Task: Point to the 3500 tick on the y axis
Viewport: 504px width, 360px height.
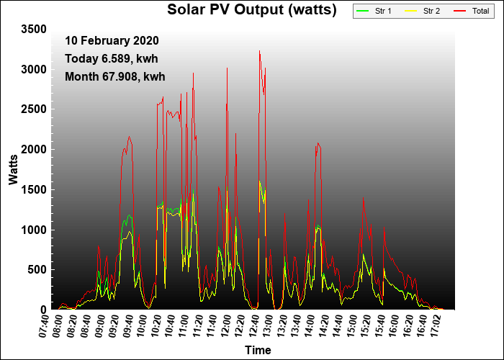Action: pyautogui.click(x=33, y=29)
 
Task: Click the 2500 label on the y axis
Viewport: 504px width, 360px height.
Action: pyautogui.click(x=33, y=109)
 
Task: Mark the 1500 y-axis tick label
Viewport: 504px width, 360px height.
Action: pyautogui.click(x=33, y=189)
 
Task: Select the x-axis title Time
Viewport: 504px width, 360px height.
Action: pyautogui.click(x=258, y=351)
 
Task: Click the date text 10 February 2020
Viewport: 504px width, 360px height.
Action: pyautogui.click(x=112, y=41)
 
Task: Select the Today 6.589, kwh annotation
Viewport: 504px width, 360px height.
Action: pyautogui.click(x=111, y=58)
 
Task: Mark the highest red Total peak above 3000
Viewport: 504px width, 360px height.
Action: pyautogui.click(x=259, y=51)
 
